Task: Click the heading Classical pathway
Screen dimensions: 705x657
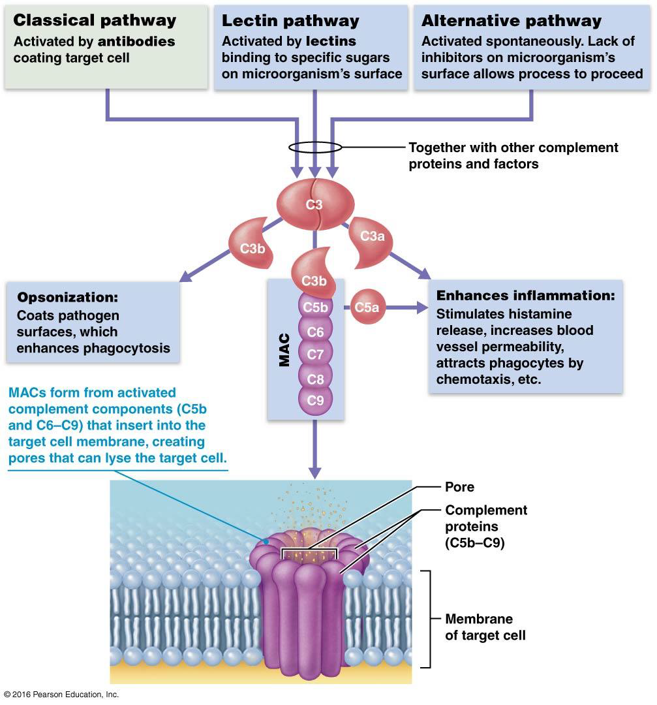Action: click(95, 20)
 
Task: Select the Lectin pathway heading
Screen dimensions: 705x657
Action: click(290, 20)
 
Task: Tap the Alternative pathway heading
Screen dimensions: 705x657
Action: click(511, 20)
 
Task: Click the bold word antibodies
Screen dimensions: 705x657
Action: click(136, 41)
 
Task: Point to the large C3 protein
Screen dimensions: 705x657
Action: click(315, 204)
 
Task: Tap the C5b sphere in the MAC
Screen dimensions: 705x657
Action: click(315, 307)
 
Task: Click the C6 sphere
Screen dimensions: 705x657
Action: click(315, 332)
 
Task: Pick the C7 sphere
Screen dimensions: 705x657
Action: click(315, 354)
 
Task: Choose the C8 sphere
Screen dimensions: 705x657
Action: click(315, 377)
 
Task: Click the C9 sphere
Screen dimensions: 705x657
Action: click(315, 400)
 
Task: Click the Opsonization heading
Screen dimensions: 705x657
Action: click(68, 298)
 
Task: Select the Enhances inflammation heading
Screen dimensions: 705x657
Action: click(525, 295)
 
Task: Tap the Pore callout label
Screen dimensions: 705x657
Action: click(459, 487)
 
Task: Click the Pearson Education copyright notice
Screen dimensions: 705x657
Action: click(61, 695)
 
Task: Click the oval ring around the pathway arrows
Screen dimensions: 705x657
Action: click(314, 147)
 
